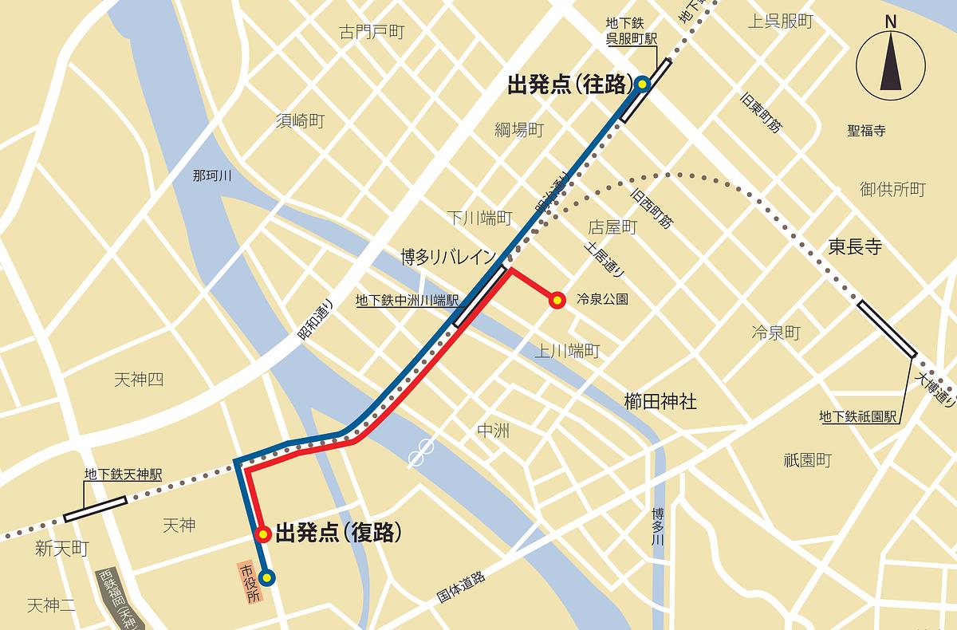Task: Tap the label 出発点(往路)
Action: pyautogui.click(x=569, y=85)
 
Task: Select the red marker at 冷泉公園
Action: pyautogui.click(x=557, y=301)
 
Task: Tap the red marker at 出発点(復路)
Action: pyautogui.click(x=261, y=534)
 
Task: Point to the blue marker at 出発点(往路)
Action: pyautogui.click(x=643, y=84)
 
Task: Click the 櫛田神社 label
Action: pyautogui.click(x=660, y=401)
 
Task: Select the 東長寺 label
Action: pyautogui.click(x=854, y=248)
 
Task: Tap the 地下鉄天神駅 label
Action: pyautogui.click(x=123, y=474)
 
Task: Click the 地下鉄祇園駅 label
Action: pyautogui.click(x=858, y=416)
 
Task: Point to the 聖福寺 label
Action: pyautogui.click(x=866, y=130)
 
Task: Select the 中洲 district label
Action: pyautogui.click(x=492, y=431)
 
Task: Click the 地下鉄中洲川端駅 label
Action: pyautogui.click(x=407, y=301)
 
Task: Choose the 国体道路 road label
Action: pyautogui.click(x=461, y=586)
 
